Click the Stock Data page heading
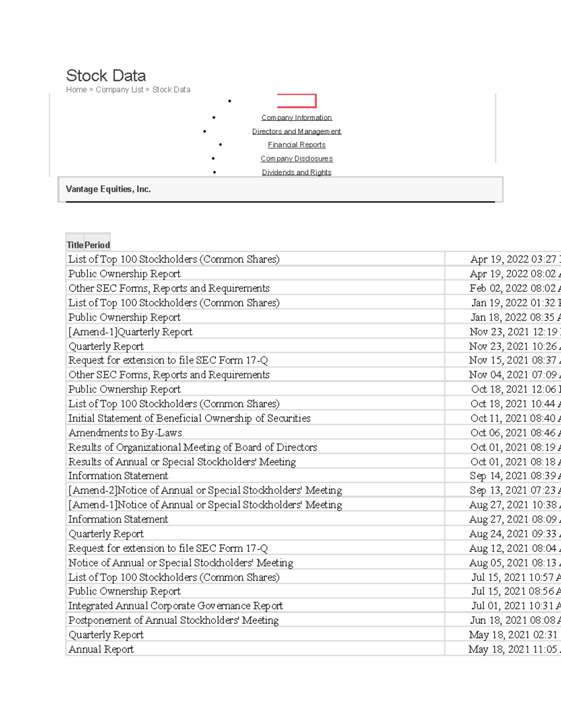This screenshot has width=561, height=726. [x=106, y=76]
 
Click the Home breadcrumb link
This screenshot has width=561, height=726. [x=76, y=90]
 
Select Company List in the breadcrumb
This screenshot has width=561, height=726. [x=119, y=90]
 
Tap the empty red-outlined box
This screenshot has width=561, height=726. [x=296, y=101]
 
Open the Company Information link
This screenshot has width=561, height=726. [x=296, y=118]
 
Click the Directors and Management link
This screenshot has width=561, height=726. [x=296, y=131]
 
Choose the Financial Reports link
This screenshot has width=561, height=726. [x=296, y=145]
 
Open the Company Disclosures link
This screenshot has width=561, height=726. [x=296, y=158]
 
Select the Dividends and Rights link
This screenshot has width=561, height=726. [x=296, y=172]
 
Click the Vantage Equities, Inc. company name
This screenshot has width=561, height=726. [x=108, y=189]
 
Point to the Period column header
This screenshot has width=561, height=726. [x=97, y=245]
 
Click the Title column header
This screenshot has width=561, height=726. [x=75, y=245]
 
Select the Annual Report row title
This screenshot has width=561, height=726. [x=101, y=649]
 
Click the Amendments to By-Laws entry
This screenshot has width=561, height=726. [x=125, y=433]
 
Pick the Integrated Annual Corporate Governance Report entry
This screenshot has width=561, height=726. [x=175, y=606]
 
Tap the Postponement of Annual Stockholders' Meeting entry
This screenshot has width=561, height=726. [x=173, y=620]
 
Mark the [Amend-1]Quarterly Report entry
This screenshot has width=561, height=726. [x=130, y=332]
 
